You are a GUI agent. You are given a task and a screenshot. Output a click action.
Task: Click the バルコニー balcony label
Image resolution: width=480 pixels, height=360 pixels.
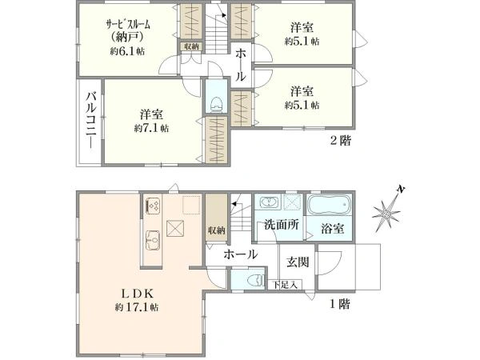point(91,121)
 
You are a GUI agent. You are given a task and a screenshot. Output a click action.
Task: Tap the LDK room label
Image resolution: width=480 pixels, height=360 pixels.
point(137,294)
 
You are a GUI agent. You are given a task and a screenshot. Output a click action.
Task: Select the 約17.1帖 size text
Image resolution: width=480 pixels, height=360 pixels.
point(137,307)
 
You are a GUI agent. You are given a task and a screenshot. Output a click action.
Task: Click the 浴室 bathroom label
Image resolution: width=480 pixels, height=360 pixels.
point(333,228)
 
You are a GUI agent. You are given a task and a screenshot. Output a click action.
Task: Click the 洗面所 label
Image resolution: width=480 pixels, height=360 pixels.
point(282,225)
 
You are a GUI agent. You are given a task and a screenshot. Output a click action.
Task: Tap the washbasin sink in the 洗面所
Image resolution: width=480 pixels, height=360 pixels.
point(270,202)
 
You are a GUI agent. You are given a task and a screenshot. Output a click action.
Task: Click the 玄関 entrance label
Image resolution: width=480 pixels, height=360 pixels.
point(298,262)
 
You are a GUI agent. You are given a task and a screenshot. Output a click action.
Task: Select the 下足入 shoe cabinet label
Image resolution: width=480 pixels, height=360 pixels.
point(286,286)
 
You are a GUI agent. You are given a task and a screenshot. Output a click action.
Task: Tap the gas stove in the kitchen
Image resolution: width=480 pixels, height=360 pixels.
point(153,205)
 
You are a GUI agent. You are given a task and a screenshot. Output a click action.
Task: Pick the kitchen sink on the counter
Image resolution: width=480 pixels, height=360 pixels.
point(153,240)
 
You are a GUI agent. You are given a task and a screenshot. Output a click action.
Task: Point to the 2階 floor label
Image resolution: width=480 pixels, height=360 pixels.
point(341,141)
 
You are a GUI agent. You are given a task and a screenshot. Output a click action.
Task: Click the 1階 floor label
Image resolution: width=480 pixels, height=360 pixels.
point(340,304)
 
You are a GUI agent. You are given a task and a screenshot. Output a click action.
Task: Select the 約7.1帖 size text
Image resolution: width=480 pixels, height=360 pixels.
point(151,128)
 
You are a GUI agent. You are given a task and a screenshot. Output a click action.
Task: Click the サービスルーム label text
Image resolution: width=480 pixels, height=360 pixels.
point(128,25)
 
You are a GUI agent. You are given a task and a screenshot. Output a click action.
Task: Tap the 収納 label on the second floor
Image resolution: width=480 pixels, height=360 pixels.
point(192,46)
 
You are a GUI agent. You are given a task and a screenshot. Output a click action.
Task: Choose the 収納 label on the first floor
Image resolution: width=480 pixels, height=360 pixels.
point(217,230)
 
